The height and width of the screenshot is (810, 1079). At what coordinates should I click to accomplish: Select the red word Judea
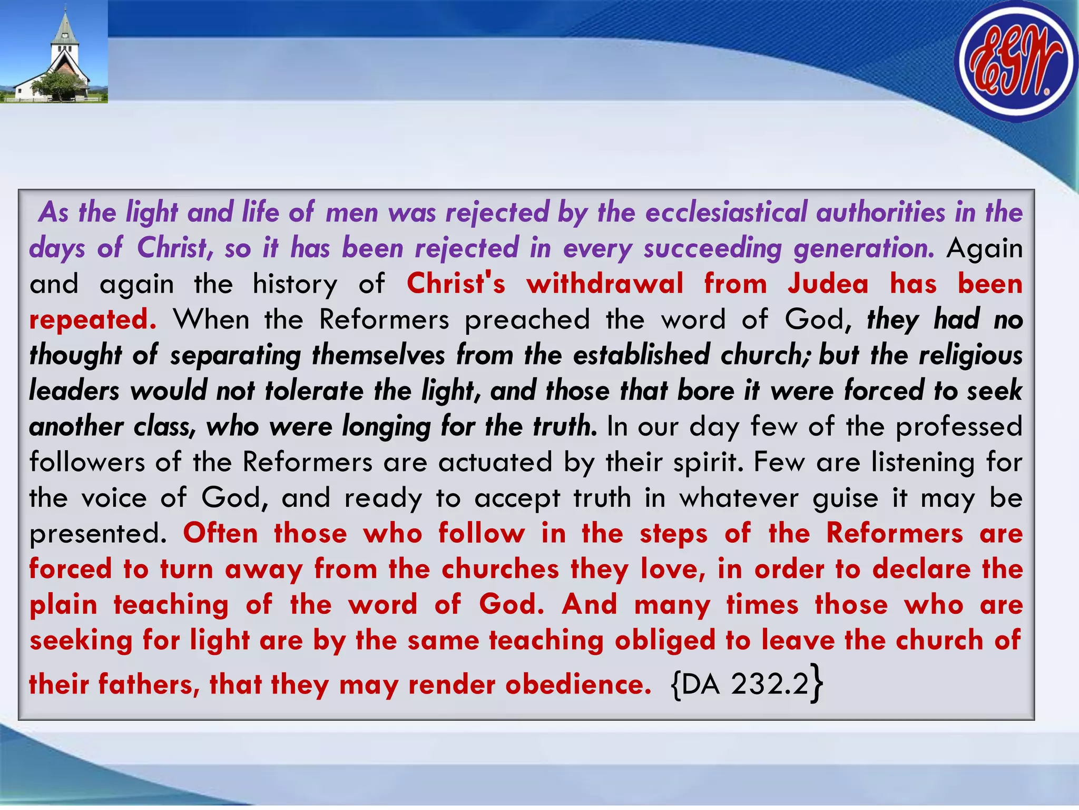pos(828,284)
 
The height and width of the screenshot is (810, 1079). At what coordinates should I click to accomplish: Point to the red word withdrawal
pos(605,284)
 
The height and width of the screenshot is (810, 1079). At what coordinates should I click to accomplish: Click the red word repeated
pos(93,320)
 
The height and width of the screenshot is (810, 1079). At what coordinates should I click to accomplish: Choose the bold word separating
pos(235,355)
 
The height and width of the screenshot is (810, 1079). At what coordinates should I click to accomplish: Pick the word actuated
pos(495,462)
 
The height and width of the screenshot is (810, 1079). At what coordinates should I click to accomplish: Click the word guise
pos(845,498)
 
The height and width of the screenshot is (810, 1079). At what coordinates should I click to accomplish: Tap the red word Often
pos(221,533)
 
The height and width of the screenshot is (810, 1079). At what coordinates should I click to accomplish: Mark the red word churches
pos(500,569)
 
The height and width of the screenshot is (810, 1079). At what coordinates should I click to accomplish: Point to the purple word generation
pos(864,248)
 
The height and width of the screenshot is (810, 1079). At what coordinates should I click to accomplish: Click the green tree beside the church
pos(59,84)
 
